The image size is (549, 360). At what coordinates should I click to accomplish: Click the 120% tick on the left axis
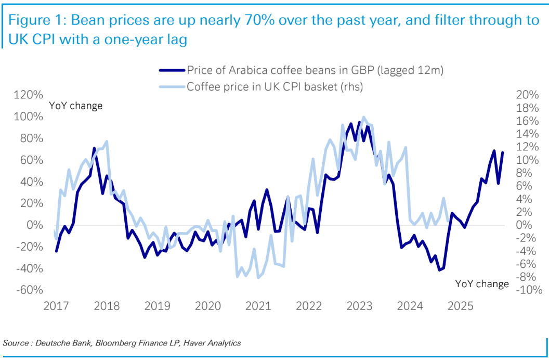(x=29, y=95)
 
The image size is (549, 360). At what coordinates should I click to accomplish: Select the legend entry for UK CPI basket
(x=274, y=87)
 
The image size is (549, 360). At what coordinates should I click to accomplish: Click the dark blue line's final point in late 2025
(x=503, y=152)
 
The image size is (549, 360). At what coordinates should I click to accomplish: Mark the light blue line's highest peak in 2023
(x=363, y=117)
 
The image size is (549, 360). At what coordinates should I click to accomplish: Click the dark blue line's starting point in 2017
(x=56, y=251)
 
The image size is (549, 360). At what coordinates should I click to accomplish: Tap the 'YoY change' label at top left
(x=76, y=106)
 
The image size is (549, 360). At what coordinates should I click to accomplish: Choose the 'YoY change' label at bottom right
(x=482, y=284)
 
